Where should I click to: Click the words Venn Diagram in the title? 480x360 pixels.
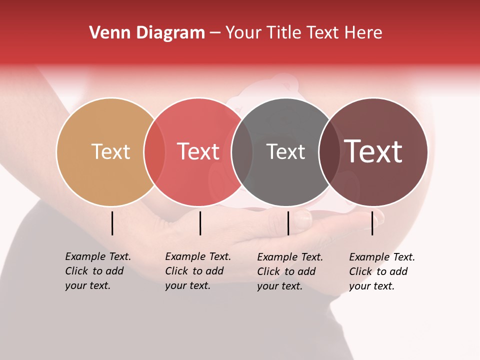tap(146, 33)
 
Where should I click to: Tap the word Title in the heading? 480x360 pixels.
tap(284, 33)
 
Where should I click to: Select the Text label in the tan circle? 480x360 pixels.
tap(110, 151)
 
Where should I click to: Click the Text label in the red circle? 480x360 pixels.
tap(198, 151)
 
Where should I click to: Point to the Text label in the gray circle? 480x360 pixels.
tap(285, 151)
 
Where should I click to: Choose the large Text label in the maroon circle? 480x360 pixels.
tap(373, 151)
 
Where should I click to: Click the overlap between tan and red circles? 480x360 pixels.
tap(154, 151)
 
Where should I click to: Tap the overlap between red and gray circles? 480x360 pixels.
tap(242, 151)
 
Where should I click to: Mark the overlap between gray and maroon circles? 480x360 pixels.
tap(329, 151)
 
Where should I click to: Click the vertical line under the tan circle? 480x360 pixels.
tap(112, 223)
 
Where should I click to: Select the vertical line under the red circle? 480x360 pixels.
tap(200, 223)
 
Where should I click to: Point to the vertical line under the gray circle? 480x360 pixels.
tap(288, 223)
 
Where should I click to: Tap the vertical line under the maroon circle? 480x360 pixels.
tap(372, 223)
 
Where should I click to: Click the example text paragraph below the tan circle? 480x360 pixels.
tap(97, 271)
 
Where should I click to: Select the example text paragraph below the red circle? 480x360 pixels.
tap(197, 271)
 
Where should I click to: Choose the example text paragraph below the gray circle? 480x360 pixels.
tap(289, 271)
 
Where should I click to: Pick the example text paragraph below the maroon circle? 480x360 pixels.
tap(381, 271)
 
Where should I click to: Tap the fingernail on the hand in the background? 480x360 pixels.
tap(303, 219)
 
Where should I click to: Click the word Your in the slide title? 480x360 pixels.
tap(244, 33)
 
